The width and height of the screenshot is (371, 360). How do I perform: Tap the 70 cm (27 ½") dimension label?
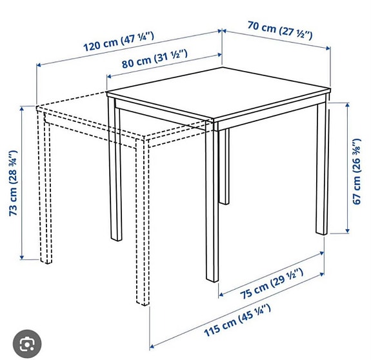pyautogui.click(x=280, y=30)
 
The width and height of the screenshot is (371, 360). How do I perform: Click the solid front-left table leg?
pyautogui.click(x=211, y=206)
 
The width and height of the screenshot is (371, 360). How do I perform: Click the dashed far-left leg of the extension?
pyautogui.click(x=45, y=194)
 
